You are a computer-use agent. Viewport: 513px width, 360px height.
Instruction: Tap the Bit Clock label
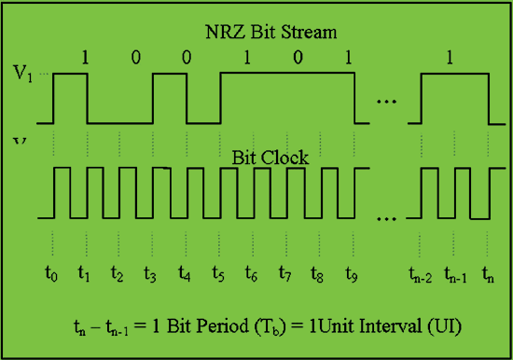click(x=270, y=158)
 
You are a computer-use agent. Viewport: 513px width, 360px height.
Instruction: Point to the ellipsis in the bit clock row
click(x=387, y=219)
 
